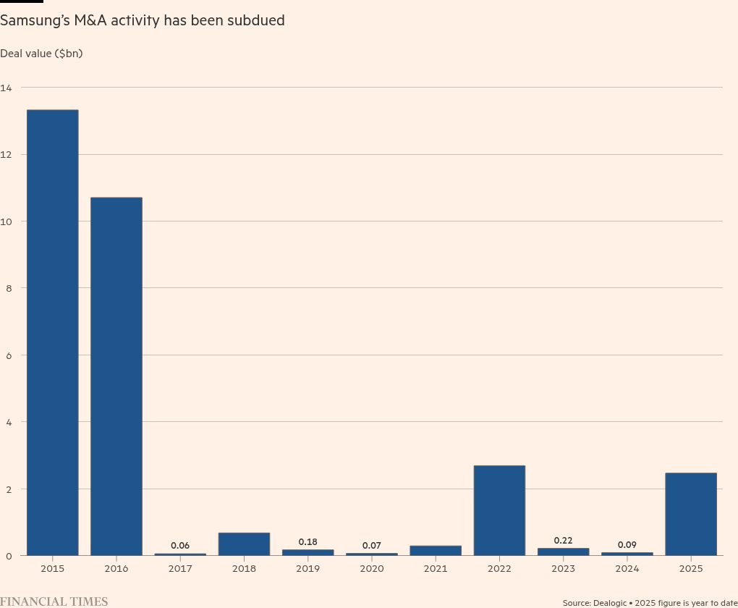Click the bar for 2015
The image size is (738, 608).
point(53,333)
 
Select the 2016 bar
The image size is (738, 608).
point(116,376)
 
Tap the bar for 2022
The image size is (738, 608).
point(499,510)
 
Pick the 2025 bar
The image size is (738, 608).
point(690,514)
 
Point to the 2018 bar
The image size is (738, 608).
point(244,544)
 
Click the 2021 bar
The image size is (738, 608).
point(436,550)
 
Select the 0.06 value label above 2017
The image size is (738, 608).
point(180,546)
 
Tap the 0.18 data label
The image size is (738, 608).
point(307,541)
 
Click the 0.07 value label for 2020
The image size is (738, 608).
point(372,545)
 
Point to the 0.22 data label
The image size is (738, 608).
point(563,540)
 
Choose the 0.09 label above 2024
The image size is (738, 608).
point(627,544)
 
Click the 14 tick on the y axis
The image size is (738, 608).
point(7,88)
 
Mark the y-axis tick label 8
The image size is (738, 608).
point(7,288)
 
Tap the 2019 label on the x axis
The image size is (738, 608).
point(307,569)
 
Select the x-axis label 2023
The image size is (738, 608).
point(563,569)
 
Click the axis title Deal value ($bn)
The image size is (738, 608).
point(41,54)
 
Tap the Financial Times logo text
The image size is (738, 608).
point(54,601)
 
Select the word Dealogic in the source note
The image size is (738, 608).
point(613,602)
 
